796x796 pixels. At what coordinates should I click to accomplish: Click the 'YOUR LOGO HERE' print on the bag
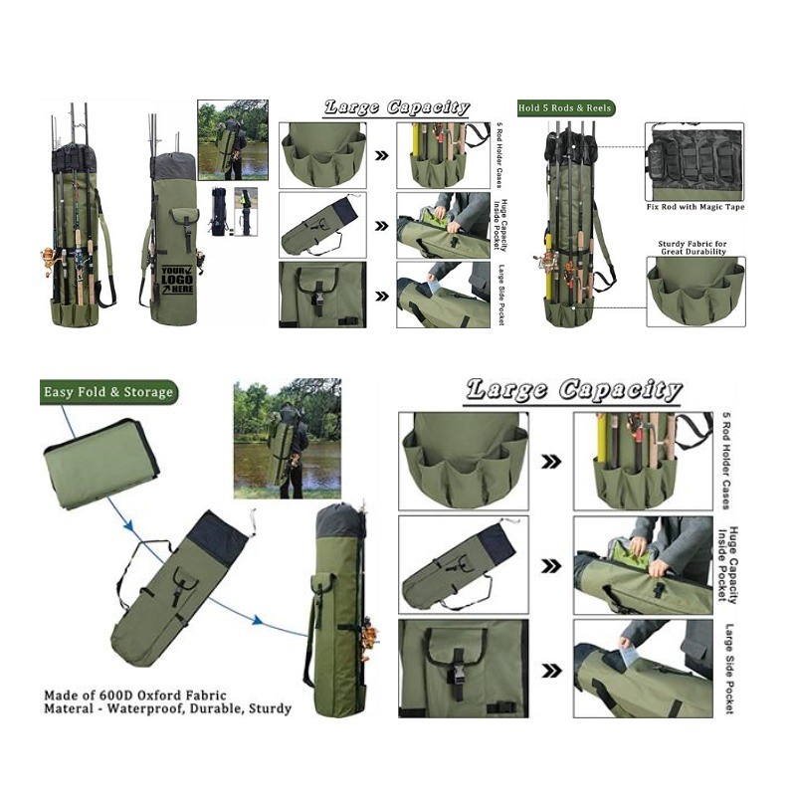(178, 280)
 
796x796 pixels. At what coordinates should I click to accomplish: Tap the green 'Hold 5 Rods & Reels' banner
(565, 108)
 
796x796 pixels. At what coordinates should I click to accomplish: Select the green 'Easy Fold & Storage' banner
(108, 392)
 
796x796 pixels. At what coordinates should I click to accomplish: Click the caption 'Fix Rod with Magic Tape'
(695, 207)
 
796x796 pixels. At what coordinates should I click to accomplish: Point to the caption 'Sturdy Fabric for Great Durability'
(693, 248)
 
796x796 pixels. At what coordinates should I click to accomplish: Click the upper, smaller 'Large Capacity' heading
(396, 107)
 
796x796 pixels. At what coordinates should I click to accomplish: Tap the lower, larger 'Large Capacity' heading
(573, 390)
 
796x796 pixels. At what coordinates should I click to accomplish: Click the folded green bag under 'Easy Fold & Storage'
(101, 463)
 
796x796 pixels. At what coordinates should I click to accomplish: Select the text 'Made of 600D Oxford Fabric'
(135, 696)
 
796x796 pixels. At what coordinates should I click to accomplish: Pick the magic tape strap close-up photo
(695, 161)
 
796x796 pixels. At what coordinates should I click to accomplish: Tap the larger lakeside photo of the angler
(288, 438)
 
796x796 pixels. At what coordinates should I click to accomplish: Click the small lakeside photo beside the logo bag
(233, 139)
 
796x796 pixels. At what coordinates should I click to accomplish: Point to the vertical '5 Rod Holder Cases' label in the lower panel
(726, 461)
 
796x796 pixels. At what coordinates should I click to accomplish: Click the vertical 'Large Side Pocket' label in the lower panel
(729, 669)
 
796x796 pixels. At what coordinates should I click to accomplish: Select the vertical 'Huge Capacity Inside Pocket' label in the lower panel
(727, 564)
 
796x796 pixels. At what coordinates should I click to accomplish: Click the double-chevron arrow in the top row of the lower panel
(551, 462)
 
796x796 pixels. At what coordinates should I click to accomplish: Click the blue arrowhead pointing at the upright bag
(258, 620)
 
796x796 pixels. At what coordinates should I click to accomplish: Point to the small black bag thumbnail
(219, 211)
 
